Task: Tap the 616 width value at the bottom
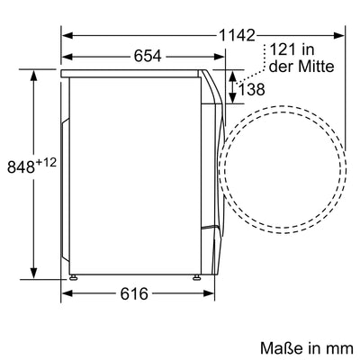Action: click(132, 294)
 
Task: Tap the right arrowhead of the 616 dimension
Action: click(200, 294)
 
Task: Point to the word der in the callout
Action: click(280, 68)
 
